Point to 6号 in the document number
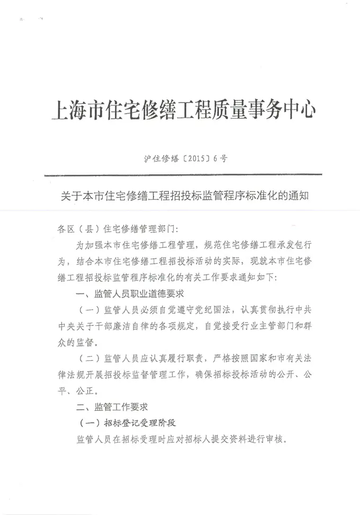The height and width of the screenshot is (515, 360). pos(220,158)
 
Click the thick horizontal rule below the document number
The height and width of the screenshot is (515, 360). pos(183,174)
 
